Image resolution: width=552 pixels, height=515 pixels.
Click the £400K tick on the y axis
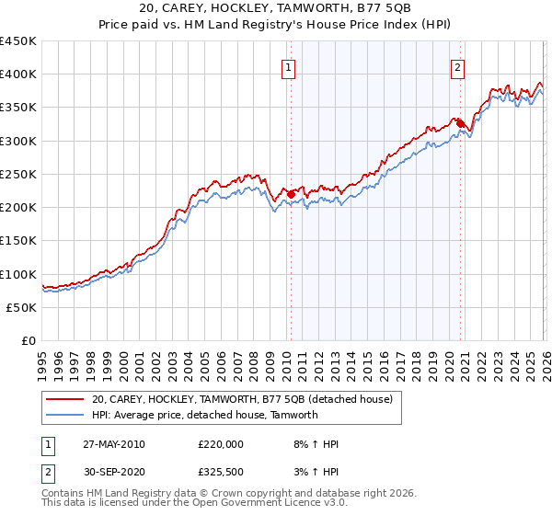(18, 74)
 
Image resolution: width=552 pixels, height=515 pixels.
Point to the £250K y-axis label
(18, 174)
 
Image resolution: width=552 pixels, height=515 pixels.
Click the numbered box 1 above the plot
(289, 67)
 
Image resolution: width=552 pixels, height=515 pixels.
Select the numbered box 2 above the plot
(457, 67)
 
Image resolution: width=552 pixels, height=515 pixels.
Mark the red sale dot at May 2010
(292, 194)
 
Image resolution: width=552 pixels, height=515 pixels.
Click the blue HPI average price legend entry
(204, 415)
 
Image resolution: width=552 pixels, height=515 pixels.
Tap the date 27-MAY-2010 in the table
(114, 444)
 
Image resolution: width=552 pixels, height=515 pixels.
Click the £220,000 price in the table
(221, 444)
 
